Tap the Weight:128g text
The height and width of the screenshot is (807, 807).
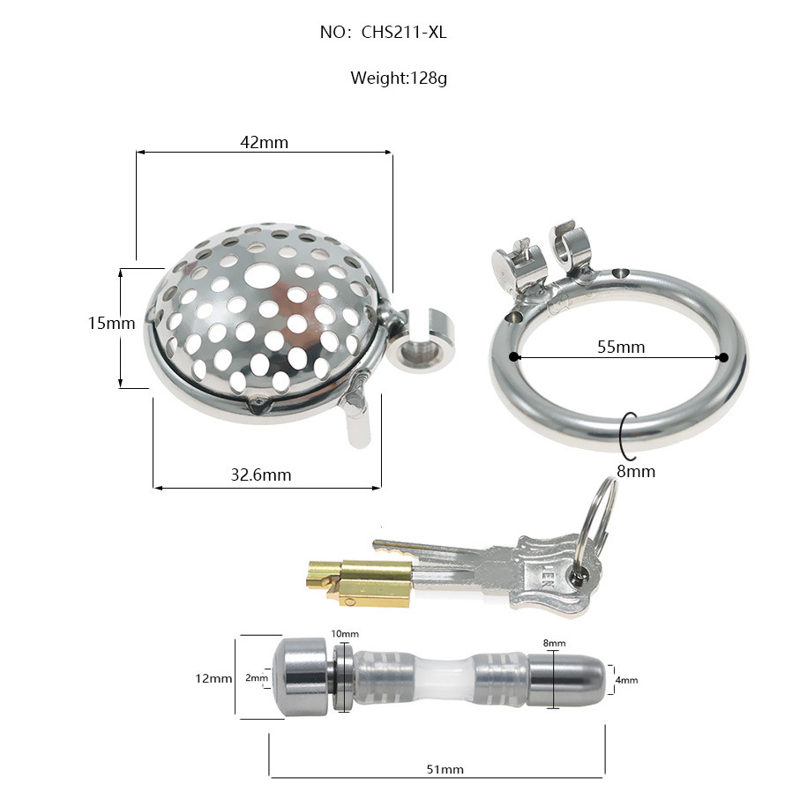coord(399,78)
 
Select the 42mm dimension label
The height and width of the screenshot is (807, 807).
coord(264,142)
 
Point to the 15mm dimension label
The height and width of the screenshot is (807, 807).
coord(111,324)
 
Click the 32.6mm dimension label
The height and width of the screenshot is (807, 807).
coord(260,475)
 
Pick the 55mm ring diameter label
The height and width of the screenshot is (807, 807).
coord(621,347)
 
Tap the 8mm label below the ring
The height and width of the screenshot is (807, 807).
coord(636,471)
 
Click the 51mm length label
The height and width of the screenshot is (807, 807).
coord(445,769)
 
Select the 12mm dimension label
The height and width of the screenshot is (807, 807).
coord(213,678)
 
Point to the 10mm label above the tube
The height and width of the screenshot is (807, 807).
coord(345,634)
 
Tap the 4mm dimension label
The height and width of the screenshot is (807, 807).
coord(626,680)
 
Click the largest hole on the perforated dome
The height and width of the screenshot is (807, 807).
coord(260,276)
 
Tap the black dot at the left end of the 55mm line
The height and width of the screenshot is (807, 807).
coord(512,357)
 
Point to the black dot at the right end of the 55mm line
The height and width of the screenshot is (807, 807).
coord(723,357)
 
